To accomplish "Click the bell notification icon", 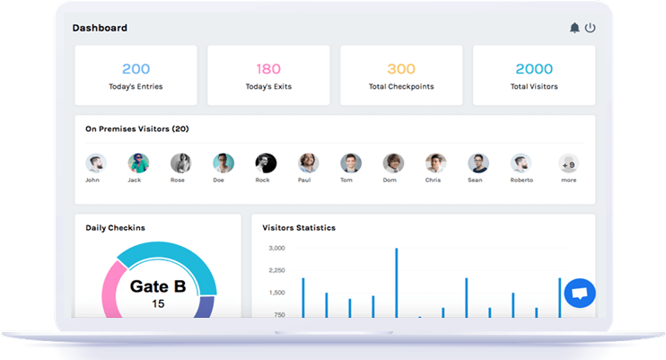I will tap(574, 28).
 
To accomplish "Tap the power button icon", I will tap(590, 28).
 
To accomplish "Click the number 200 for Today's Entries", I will tap(136, 68).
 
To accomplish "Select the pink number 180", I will tap(268, 68).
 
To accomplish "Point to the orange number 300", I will tap(401, 68).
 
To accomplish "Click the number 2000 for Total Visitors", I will tap(534, 68).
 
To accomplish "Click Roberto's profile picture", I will tap(521, 163).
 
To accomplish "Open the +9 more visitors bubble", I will tap(568, 164).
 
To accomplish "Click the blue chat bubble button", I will tap(580, 293).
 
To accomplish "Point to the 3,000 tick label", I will tap(276, 248).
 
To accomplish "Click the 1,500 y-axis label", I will tap(276, 293).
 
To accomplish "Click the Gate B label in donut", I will tap(158, 286).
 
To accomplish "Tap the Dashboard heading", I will tap(100, 28).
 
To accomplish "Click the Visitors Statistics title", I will tap(299, 228).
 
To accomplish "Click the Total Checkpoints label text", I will tap(401, 87).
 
